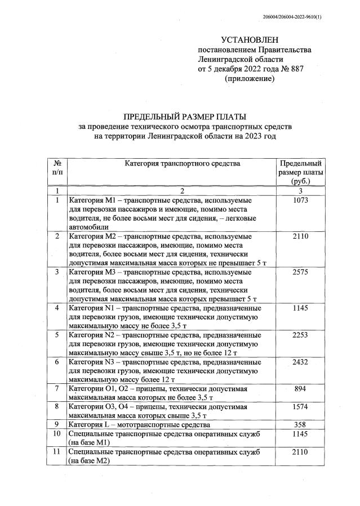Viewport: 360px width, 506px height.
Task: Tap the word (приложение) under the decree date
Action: coord(249,79)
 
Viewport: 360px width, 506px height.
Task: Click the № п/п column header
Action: coord(56,168)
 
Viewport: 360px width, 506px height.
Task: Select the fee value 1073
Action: coord(301,200)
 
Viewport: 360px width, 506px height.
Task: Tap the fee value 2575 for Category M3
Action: coord(301,272)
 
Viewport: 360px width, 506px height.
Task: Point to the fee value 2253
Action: coord(301,335)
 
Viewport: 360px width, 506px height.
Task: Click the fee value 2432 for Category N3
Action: coord(301,362)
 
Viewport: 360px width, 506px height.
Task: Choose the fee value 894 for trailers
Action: coord(301,389)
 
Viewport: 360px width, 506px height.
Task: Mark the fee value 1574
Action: coord(301,406)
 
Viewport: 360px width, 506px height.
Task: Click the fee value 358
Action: coord(301,424)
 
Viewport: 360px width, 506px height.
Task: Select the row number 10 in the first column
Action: coord(56,433)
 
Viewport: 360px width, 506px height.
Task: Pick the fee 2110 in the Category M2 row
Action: coord(301,236)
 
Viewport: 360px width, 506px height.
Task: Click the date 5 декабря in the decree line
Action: coord(225,69)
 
